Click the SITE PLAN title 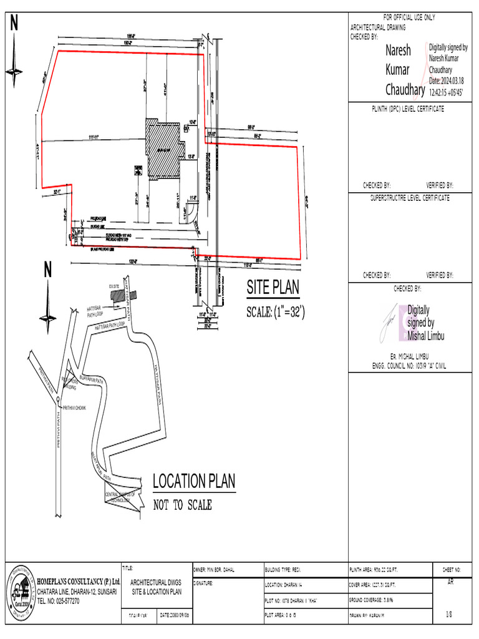point(273,288)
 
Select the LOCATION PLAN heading point(194,481)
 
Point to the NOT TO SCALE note point(182,505)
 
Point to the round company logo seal point(19,591)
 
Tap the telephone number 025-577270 point(59,601)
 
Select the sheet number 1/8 point(448,615)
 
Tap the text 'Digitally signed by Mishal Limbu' point(425,323)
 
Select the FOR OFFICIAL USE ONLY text point(409,17)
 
